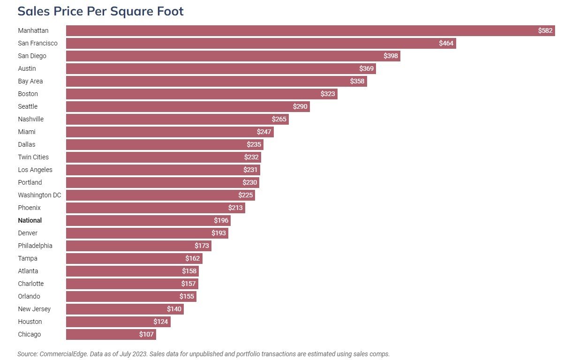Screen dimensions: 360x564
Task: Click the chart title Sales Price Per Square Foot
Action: coord(100,11)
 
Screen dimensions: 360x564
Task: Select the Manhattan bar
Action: coord(309,31)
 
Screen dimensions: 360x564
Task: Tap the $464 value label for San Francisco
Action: coord(446,44)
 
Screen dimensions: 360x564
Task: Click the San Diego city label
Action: coord(32,56)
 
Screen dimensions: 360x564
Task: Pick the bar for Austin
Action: coord(220,69)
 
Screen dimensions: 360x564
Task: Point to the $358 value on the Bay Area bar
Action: coord(357,82)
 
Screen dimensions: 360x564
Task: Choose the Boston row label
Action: coord(28,94)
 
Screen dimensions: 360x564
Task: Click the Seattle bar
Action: coord(188,107)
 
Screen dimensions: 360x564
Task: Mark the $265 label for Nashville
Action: coord(279,120)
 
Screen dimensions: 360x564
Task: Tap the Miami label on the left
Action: coord(27,132)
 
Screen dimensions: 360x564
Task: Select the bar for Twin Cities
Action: coord(163,157)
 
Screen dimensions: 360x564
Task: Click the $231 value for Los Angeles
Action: coord(251,170)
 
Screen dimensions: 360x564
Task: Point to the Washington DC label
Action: coord(39,195)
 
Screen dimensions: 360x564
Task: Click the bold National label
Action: coord(30,221)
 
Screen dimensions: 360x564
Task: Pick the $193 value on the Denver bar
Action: coord(218,233)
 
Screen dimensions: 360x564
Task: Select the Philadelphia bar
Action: coord(138,246)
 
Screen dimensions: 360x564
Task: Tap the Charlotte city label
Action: coord(30,284)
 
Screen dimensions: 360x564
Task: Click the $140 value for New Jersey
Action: coord(174,309)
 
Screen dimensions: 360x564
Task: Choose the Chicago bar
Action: coord(111,335)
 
